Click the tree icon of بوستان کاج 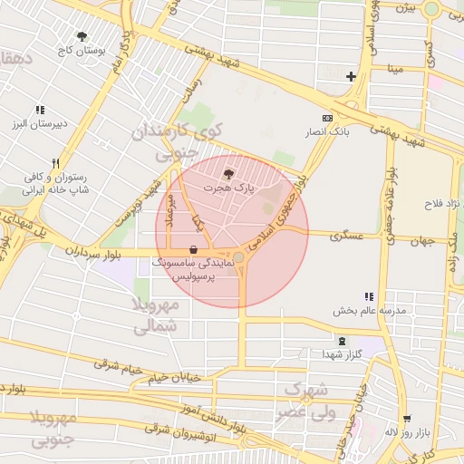(82, 36)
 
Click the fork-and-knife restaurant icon (55, 163)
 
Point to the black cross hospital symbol (352, 76)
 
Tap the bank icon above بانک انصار (327, 118)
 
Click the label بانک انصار (328, 132)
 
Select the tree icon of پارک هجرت (227, 172)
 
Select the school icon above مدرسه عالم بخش (368, 296)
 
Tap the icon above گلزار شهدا (341, 341)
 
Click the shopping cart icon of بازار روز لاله (408, 419)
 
